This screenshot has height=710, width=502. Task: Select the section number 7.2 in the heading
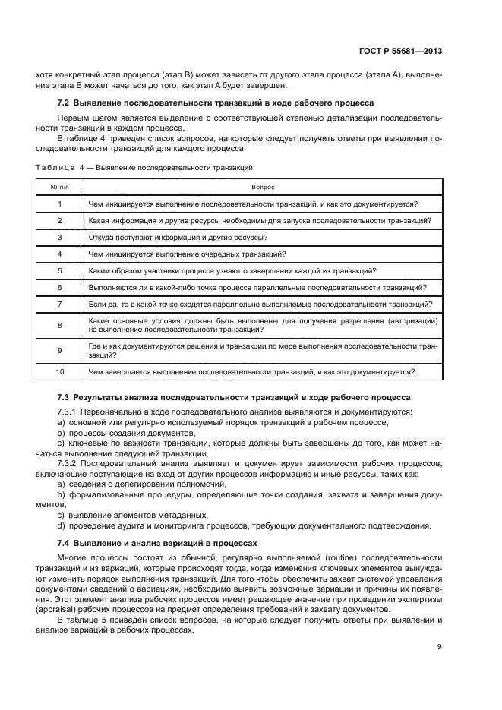click(x=64, y=102)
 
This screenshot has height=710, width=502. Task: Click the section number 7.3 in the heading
click(x=64, y=397)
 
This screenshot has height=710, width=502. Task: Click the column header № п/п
click(x=60, y=186)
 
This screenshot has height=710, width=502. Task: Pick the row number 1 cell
click(x=60, y=204)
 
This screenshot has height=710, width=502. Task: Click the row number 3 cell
click(x=60, y=237)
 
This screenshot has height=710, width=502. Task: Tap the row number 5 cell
click(x=60, y=270)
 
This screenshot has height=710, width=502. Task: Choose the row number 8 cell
click(x=60, y=325)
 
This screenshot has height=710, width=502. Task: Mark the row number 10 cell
click(x=60, y=371)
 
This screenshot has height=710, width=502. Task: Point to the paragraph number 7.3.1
click(x=70, y=412)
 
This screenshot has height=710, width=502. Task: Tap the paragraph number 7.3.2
click(x=70, y=462)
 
